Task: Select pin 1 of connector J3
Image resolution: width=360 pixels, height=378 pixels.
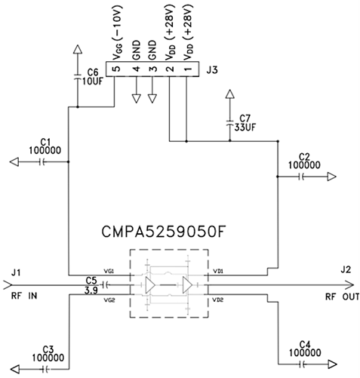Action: point(186,69)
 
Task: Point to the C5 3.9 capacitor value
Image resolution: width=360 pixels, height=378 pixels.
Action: point(91,290)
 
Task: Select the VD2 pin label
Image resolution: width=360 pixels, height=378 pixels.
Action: point(218,300)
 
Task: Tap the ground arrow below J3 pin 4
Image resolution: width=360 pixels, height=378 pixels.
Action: point(136,97)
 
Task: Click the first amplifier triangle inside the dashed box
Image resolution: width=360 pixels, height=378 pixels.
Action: point(152,285)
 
